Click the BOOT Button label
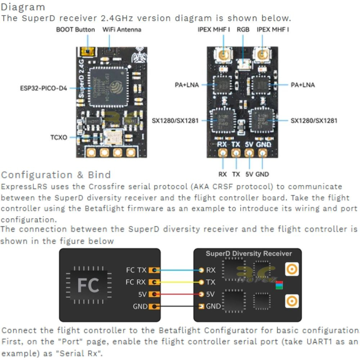pos(75,30)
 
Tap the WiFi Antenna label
pos(122,30)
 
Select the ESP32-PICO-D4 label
pos(44,87)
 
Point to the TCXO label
pos(59,137)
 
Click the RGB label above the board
pos(243,30)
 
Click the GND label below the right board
pos(262,174)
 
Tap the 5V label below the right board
pos(249,174)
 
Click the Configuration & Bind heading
pos(56,175)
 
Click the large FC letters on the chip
pos(89,285)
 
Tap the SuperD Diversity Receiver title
pos(249,253)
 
